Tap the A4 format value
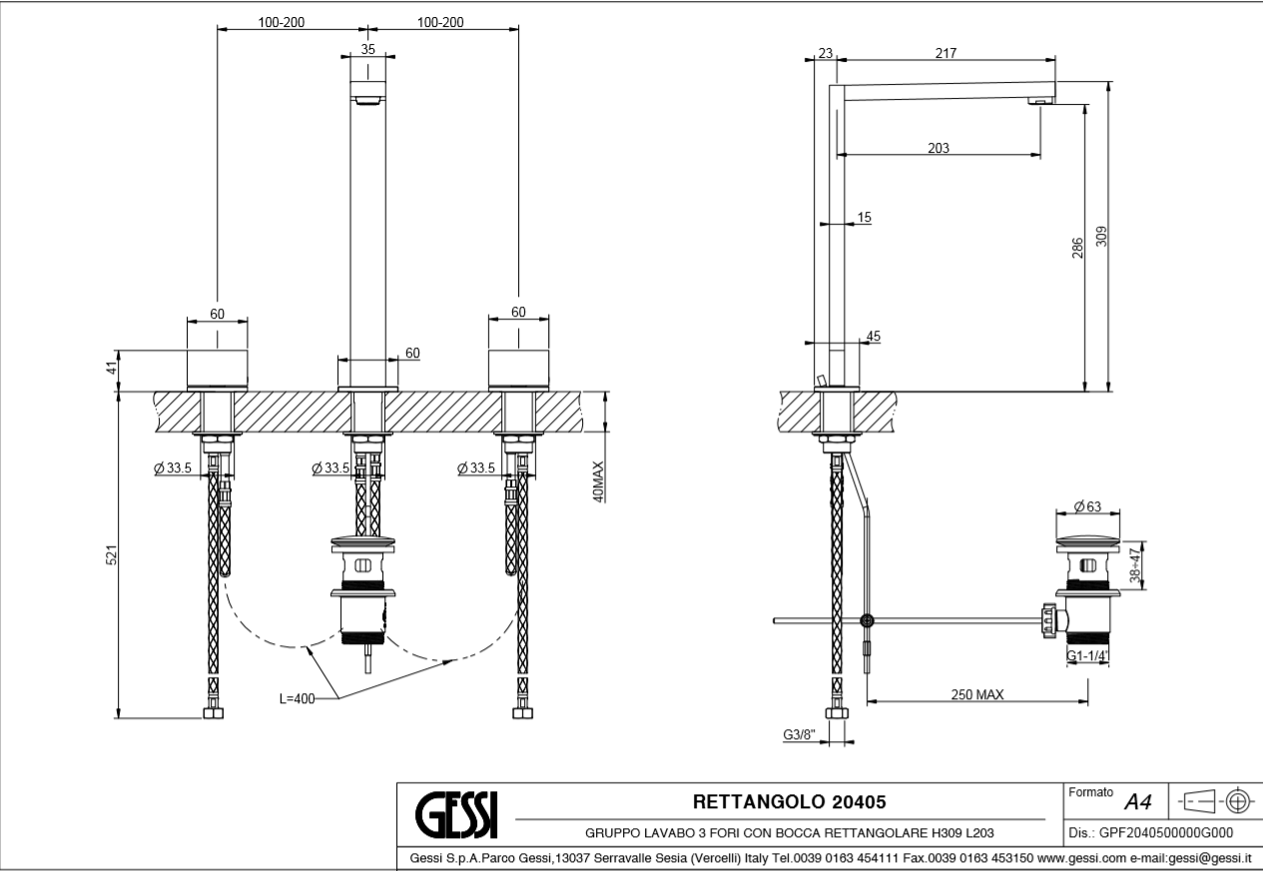point(1138,802)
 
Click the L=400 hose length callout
point(297,698)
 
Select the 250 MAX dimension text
point(976,694)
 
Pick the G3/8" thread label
point(800,735)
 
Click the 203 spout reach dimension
point(938,148)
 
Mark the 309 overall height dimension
point(1101,237)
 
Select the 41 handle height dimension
point(112,368)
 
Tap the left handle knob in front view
point(218,369)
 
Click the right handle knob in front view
point(518,369)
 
